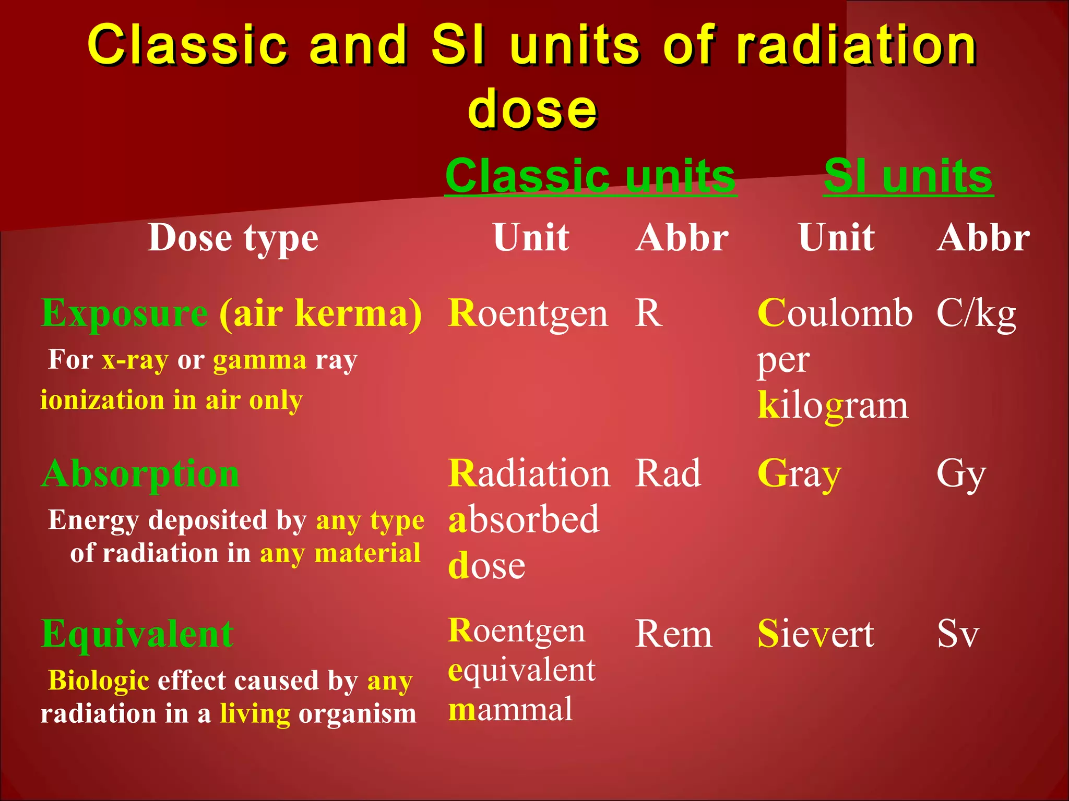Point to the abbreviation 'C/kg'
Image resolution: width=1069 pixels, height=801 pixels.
[976, 314]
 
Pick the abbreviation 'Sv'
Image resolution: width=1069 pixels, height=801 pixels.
[958, 634]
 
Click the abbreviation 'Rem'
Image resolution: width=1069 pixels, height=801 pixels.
[673, 634]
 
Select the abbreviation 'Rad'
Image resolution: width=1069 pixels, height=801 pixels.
[668, 474]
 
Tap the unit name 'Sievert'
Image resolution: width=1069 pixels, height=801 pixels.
[816, 634]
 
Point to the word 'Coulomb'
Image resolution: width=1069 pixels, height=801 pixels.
[835, 313]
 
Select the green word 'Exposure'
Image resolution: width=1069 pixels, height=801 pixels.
[124, 314]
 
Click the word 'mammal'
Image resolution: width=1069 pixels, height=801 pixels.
[510, 710]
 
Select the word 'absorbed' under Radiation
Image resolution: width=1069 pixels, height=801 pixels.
[524, 519]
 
